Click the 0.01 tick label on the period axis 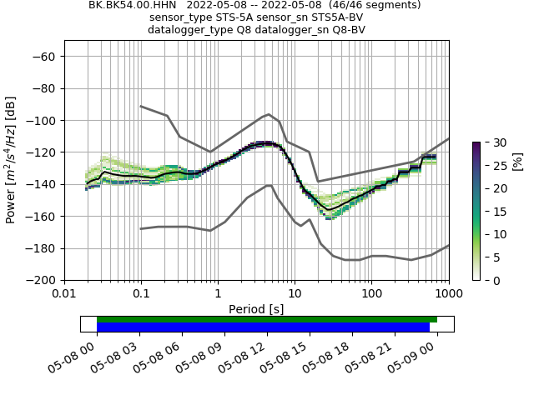64,294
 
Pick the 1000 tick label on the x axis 448,294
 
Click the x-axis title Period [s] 256,308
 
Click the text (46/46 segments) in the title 366,5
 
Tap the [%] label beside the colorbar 517,160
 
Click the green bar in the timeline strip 267,319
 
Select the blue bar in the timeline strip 263,327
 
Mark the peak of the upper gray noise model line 268,114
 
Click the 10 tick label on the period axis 295,294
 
